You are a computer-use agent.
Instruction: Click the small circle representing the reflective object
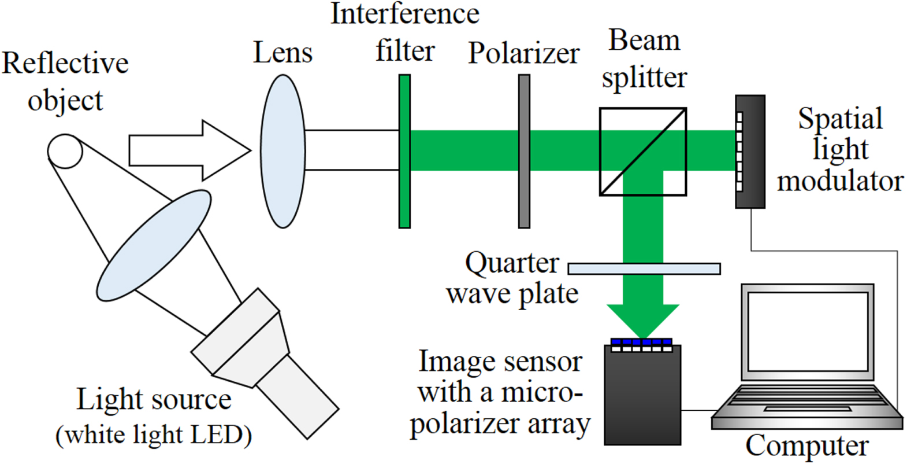(x=65, y=151)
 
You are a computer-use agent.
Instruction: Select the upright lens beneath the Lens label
(x=282, y=151)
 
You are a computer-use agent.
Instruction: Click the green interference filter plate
(x=404, y=151)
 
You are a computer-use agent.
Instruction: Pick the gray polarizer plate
(x=524, y=151)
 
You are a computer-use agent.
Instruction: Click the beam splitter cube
(x=642, y=152)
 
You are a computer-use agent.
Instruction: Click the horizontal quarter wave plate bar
(x=644, y=268)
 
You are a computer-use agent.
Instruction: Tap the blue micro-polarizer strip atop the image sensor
(x=642, y=342)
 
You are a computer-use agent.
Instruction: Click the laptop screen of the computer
(x=808, y=332)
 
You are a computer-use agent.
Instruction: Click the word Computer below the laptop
(x=806, y=446)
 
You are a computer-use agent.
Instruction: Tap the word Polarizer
(x=523, y=54)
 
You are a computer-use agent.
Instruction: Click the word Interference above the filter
(x=404, y=14)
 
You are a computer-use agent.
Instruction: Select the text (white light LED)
(x=154, y=435)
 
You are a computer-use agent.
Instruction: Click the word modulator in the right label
(x=840, y=181)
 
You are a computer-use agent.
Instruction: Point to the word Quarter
(x=512, y=263)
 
